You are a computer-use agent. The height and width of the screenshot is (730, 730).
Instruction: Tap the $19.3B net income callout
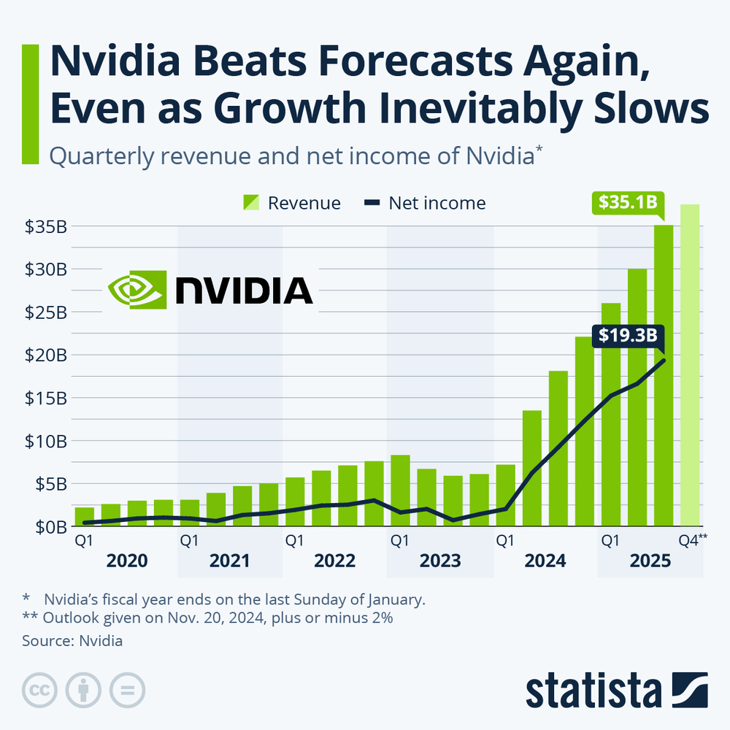[x=627, y=336]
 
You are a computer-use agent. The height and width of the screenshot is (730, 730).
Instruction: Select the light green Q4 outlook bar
[x=690, y=365]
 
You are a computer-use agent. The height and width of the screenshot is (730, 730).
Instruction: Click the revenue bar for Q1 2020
[x=85, y=517]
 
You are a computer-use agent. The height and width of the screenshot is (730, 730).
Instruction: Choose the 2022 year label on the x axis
[x=335, y=561]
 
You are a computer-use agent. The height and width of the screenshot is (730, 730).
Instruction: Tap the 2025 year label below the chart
[x=650, y=561]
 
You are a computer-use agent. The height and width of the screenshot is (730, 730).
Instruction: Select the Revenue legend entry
[x=291, y=203]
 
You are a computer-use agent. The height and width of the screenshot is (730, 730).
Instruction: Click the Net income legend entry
[x=424, y=203]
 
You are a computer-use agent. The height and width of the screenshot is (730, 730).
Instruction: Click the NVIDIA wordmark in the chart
[x=244, y=290]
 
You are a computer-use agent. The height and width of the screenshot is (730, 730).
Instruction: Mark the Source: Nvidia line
[x=72, y=642]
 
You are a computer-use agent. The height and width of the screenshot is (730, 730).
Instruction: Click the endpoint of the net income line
[x=664, y=360]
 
